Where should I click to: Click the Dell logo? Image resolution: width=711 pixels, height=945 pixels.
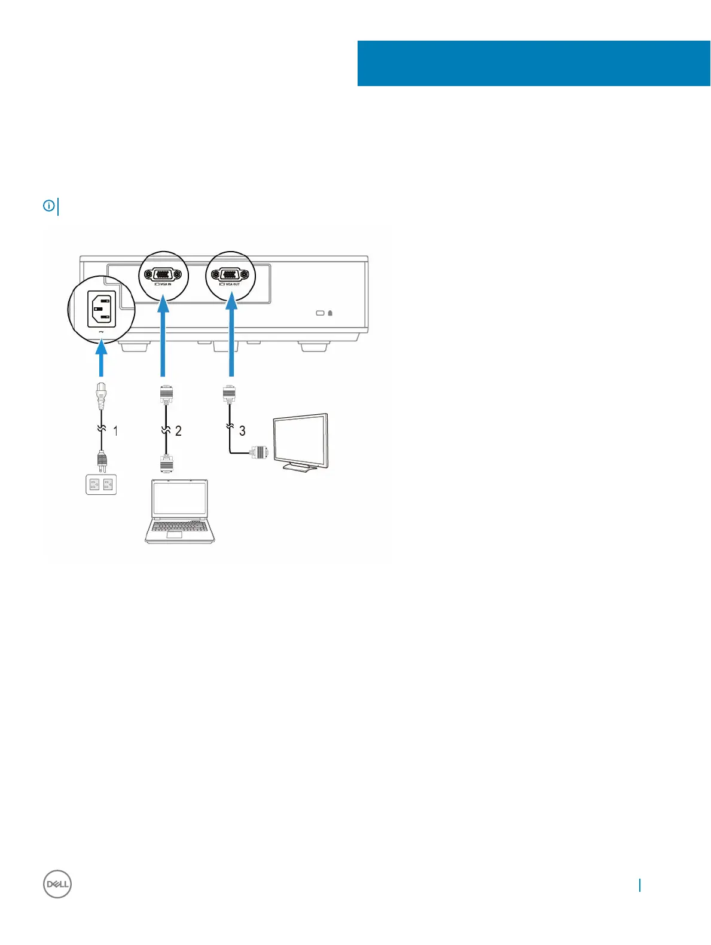click(x=57, y=884)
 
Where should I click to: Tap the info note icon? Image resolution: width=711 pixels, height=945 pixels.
click(x=48, y=206)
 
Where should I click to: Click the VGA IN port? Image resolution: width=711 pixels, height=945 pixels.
click(x=163, y=275)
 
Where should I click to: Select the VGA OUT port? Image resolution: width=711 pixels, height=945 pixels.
click(x=230, y=275)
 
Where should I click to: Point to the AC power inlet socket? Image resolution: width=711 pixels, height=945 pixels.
click(x=101, y=309)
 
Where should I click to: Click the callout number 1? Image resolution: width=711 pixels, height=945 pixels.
click(x=115, y=430)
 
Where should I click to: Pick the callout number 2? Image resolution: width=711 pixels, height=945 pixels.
click(x=178, y=430)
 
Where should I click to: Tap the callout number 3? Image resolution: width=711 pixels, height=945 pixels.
click(x=242, y=430)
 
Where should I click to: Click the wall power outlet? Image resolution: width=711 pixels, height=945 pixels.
click(x=101, y=484)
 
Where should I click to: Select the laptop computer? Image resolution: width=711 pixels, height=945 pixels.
click(x=179, y=511)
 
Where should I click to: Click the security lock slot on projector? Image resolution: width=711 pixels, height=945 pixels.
click(x=321, y=313)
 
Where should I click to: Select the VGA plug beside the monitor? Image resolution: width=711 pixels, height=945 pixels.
click(x=261, y=454)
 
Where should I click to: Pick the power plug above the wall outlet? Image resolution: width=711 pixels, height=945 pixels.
click(x=101, y=460)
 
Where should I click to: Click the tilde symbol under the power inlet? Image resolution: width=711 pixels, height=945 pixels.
click(x=101, y=332)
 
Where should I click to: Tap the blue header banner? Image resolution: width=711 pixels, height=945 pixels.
click(x=533, y=63)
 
